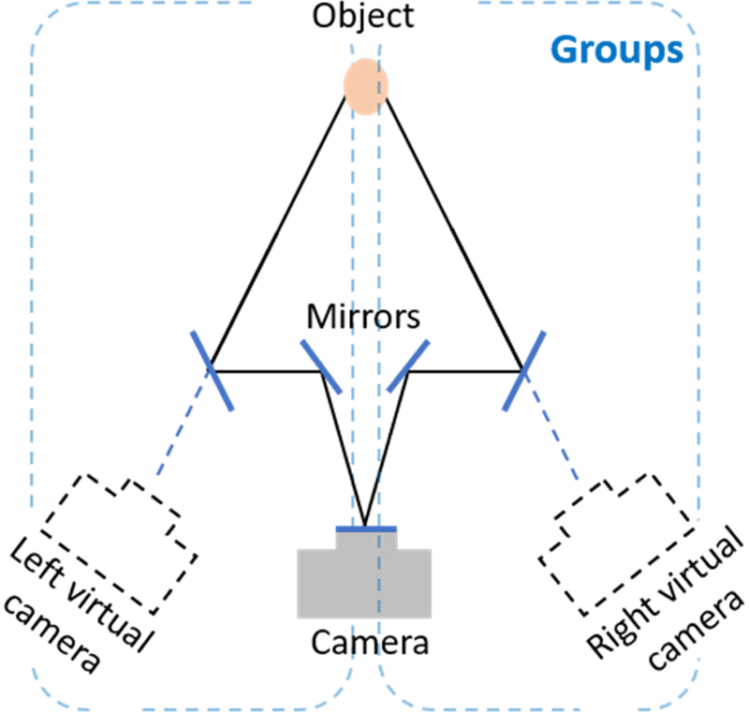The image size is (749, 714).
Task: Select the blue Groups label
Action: pyautogui.click(x=615, y=49)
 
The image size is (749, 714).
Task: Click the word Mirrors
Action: pyautogui.click(x=363, y=317)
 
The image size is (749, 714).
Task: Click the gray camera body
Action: pyautogui.click(x=365, y=583)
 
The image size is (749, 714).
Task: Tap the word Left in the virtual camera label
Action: pyautogui.click(x=37, y=561)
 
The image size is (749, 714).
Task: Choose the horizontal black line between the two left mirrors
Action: pyautogui.click(x=267, y=368)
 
